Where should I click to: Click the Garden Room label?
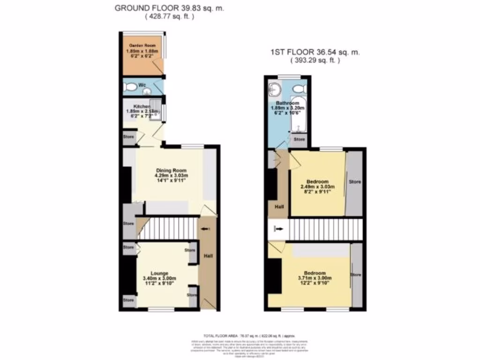pyautogui.click(x=142, y=45)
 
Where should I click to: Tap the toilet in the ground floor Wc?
pyautogui.click(x=130, y=86)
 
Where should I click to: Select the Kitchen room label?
pyautogui.click(x=135, y=106)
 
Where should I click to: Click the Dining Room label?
pyautogui.click(x=171, y=170)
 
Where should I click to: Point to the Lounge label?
pyautogui.click(x=159, y=273)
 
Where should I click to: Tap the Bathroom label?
pyautogui.click(x=287, y=103)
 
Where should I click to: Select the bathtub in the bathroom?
pyautogui.click(x=299, y=115)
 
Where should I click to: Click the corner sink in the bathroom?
pyautogui.click(x=274, y=89)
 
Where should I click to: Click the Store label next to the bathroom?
pyautogui.click(x=299, y=140)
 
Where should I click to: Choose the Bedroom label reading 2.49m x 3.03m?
pyautogui.click(x=317, y=181)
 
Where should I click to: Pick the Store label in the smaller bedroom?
pyautogui.click(x=355, y=181)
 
